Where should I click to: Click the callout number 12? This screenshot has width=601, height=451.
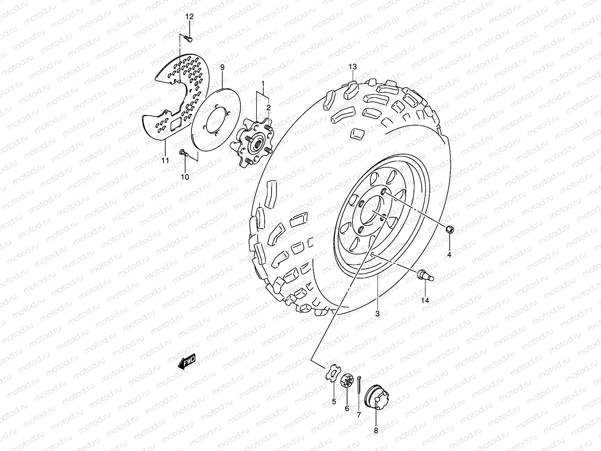tap(190, 17)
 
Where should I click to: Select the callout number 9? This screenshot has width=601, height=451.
tap(222, 67)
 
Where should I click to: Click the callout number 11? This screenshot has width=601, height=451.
tap(165, 160)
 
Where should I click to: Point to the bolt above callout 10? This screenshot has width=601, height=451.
tap(183, 152)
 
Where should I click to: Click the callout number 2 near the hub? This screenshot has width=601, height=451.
tap(269, 108)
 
